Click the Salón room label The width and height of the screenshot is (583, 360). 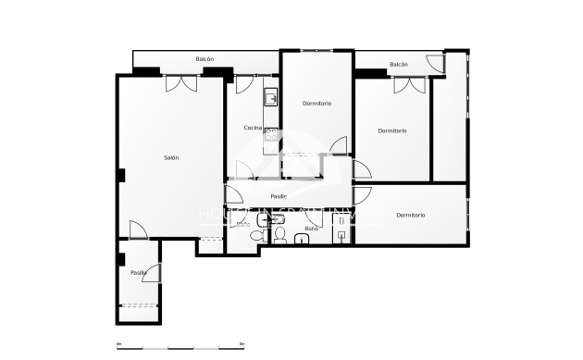tap(171, 158)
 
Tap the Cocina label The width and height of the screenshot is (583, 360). tap(252, 128)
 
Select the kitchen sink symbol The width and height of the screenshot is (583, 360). tap(270, 96)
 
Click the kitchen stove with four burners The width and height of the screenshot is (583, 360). tap(271, 133)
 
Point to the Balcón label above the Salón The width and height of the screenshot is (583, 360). tap(205, 60)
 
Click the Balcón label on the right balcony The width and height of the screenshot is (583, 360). tap(399, 64)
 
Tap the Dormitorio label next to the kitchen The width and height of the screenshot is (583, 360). tap(317, 103)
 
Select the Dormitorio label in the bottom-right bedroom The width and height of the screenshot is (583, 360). tap(410, 216)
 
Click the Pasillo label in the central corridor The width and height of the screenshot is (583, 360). tap(279, 196)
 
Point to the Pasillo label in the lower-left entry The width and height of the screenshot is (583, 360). tap(138, 272)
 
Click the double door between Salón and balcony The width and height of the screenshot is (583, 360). tap(180, 83)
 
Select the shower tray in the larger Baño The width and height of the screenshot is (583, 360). tap(341, 235)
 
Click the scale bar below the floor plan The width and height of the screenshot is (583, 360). tap(181, 345)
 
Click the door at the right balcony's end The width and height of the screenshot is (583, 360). tap(436, 63)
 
